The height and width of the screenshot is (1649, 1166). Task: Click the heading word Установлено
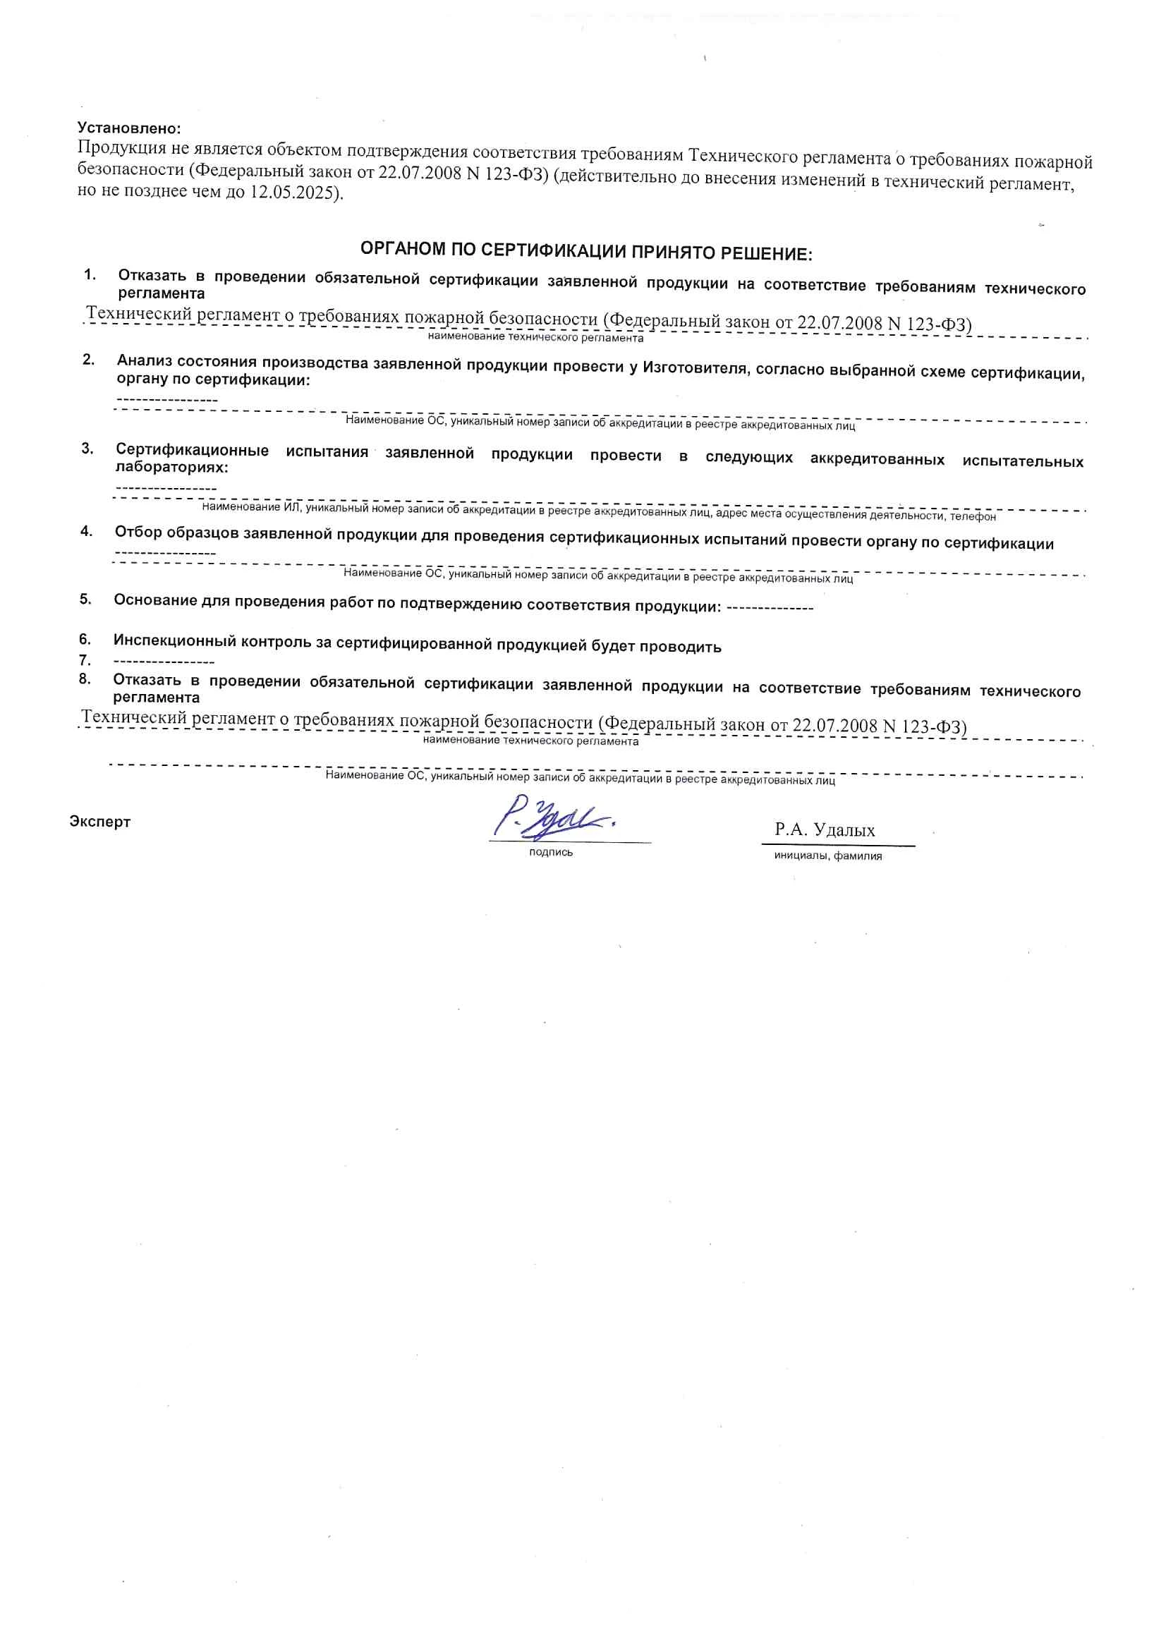point(128,128)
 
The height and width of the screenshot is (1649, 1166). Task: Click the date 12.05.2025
point(294,193)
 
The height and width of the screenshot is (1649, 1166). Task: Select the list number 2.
point(88,360)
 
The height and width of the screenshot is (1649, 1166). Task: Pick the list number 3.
point(87,449)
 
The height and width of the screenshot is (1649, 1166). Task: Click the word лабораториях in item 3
point(171,468)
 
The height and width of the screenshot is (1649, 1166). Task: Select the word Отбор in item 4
point(138,533)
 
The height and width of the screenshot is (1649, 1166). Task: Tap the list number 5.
point(85,598)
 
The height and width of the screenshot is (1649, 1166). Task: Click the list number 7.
point(85,660)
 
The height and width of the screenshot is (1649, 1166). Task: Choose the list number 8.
point(85,679)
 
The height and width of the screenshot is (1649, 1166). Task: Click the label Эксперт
point(100,822)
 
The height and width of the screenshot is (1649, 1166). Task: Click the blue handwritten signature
point(553,818)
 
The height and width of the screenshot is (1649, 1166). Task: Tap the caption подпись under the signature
point(551,853)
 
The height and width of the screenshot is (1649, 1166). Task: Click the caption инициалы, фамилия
point(827,856)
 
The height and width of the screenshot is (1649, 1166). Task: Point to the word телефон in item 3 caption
point(973,516)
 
